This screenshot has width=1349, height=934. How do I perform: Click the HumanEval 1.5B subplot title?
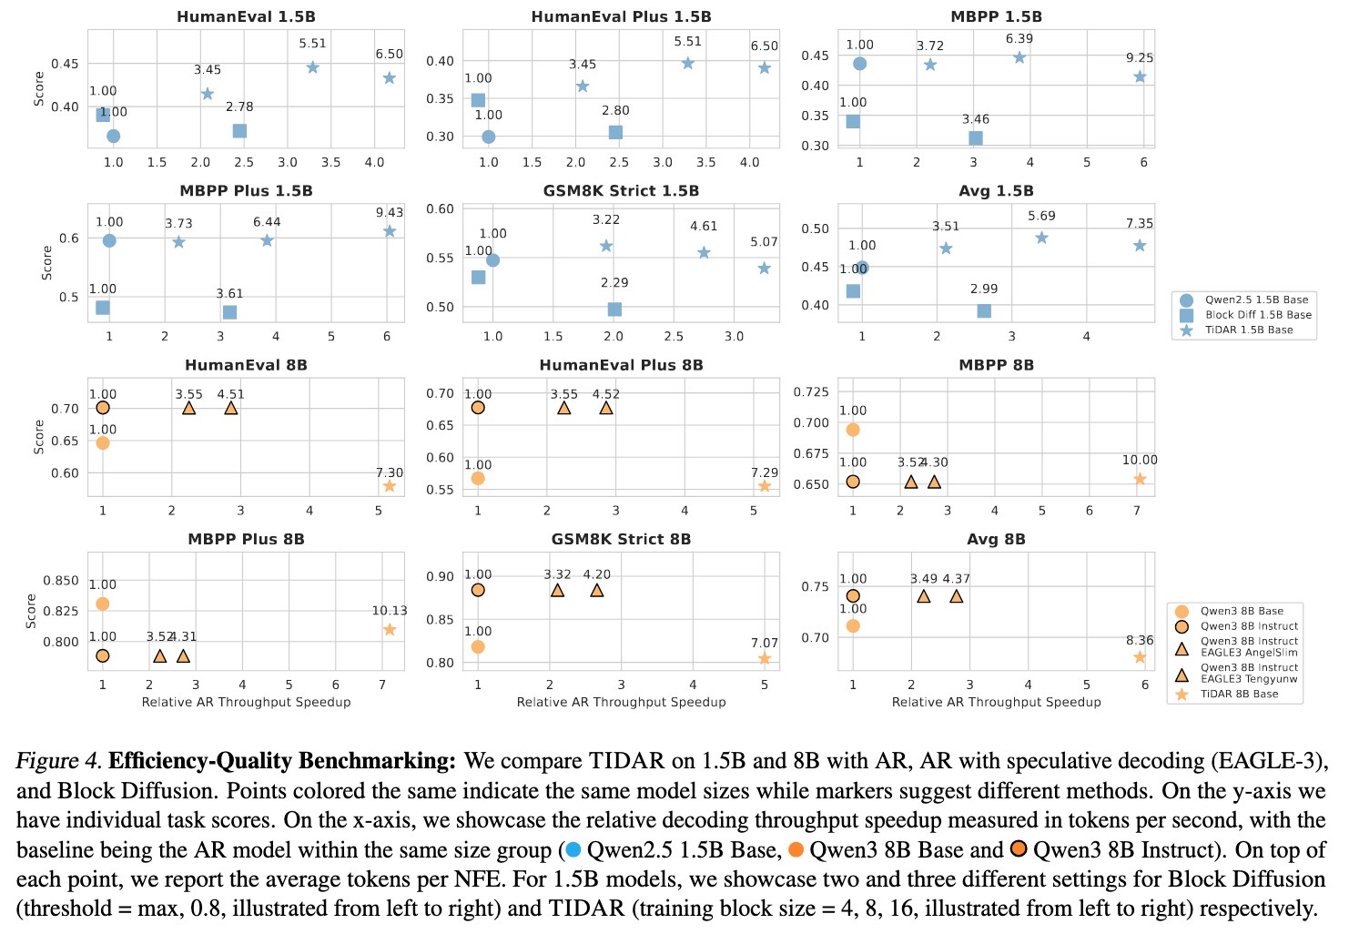click(x=246, y=16)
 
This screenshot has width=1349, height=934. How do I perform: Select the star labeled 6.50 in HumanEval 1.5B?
click(x=389, y=78)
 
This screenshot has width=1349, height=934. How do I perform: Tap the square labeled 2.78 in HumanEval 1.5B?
click(x=239, y=131)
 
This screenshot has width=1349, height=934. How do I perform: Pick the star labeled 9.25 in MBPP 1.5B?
click(x=1140, y=76)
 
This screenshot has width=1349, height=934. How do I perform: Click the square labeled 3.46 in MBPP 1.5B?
click(x=976, y=138)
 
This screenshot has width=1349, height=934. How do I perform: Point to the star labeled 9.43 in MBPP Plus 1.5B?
click(x=390, y=231)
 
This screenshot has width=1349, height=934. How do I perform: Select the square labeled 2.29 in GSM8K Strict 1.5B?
click(x=614, y=310)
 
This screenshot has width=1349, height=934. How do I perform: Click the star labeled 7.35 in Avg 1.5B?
click(x=1140, y=246)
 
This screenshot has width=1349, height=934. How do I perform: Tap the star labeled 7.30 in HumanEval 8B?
click(x=390, y=486)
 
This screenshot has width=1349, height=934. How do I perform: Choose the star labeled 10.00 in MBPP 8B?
click(x=1140, y=479)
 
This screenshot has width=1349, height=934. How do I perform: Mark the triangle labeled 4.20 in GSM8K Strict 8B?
click(x=597, y=590)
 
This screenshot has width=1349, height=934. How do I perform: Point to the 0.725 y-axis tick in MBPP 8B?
click(x=812, y=391)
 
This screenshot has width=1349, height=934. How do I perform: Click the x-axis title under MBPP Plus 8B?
click(x=246, y=702)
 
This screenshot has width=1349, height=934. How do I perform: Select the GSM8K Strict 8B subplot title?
click(x=621, y=539)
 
